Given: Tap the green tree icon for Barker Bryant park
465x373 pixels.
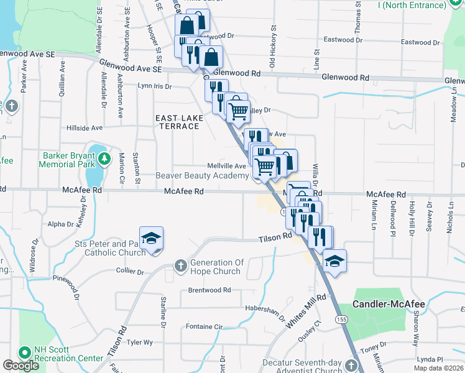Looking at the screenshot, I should tap(104, 159).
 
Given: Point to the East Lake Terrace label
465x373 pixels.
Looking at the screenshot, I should tap(177, 122).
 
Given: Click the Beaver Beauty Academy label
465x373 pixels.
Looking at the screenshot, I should tap(202, 176).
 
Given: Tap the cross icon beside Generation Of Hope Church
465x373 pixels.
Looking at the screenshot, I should tap(180, 266).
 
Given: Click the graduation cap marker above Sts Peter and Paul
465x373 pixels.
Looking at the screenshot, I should tap(151, 239).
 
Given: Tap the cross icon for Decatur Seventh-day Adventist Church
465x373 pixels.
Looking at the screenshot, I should tap(352, 366).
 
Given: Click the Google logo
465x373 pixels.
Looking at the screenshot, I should tap(21, 366).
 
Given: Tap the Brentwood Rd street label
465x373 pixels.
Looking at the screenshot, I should tap(209, 290).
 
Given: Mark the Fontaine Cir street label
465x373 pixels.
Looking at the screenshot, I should tap(204, 326).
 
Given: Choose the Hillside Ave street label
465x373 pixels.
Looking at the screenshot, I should tap(85, 128).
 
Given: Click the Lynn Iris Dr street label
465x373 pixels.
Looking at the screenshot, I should tap(154, 86).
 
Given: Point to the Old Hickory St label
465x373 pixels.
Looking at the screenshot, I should tap(272, 47).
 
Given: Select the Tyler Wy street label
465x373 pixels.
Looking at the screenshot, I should tap(140, 343).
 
